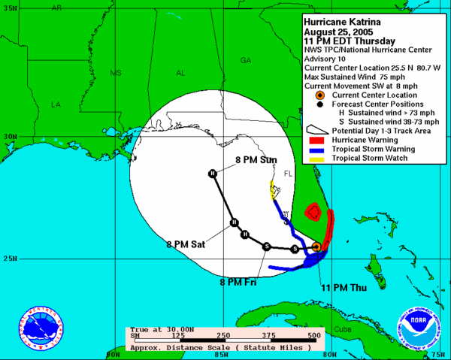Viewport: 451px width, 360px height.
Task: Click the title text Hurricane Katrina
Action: tap(342, 21)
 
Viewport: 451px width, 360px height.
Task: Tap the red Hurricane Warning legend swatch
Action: tap(316, 139)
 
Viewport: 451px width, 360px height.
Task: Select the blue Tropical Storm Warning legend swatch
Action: tap(316, 148)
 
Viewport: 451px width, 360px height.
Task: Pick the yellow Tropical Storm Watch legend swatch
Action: tap(316, 157)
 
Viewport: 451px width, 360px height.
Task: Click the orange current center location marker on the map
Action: tap(317, 247)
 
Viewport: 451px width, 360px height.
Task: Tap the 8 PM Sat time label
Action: tap(186, 244)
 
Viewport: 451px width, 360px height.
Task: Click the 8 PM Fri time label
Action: tap(238, 281)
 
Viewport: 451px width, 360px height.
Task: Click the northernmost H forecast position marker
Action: tap(213, 174)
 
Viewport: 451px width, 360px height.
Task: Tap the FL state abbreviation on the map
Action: tap(286, 174)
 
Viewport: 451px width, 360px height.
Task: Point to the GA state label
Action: tap(245, 60)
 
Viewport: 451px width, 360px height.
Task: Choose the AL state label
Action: tap(180, 74)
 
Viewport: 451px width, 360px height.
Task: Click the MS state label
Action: tap(116, 74)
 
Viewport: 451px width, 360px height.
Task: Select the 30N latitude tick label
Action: tap(10, 137)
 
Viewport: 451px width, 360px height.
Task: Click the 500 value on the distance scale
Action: tap(314, 335)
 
